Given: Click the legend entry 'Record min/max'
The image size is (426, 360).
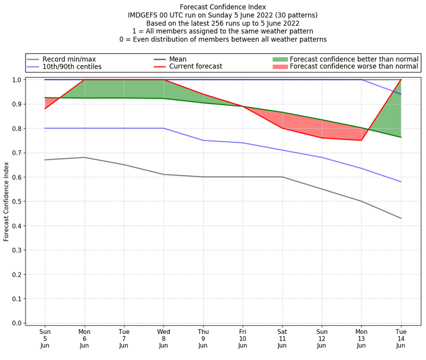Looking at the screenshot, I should (69, 59).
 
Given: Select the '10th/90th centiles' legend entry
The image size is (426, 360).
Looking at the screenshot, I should (72, 67).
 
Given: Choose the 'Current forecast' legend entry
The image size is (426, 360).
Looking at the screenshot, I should (195, 67).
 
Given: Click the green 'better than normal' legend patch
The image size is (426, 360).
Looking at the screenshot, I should (280, 59).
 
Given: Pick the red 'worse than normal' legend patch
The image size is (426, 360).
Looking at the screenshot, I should (280, 67).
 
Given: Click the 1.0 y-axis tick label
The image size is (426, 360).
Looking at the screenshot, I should (16, 80).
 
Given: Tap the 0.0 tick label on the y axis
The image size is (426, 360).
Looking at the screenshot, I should (16, 323).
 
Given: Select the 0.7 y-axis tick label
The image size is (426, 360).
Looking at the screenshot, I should (16, 153).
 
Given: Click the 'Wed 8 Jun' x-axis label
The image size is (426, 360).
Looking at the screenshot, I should (163, 338).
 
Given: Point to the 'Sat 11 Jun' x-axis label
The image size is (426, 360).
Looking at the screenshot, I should (282, 338).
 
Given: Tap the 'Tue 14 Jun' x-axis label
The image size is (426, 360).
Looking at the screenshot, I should (400, 338).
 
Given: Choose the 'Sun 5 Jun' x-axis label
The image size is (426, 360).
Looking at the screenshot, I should (45, 338).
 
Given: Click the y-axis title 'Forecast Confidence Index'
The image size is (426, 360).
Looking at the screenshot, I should (6, 201).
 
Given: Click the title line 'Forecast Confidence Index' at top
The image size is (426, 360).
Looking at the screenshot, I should (223, 7).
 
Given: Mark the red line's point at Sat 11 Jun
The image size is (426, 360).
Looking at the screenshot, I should (282, 128).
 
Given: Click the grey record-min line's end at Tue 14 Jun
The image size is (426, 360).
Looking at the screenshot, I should (400, 218).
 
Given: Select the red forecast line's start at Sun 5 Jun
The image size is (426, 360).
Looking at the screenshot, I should (45, 109).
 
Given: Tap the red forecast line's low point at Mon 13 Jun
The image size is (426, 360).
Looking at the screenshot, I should (361, 140).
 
